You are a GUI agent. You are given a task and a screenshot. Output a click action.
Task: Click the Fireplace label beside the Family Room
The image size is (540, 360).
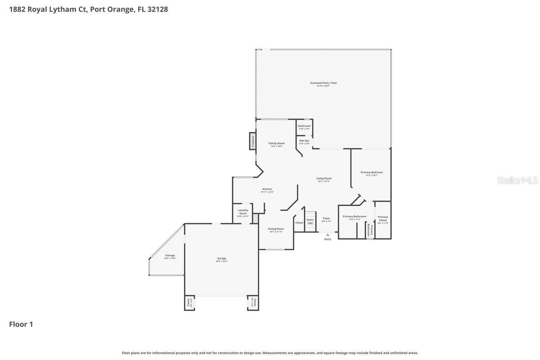pyautogui.click(x=253, y=141)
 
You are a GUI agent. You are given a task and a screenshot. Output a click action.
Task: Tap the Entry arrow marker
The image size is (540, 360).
pyautogui.click(x=328, y=234)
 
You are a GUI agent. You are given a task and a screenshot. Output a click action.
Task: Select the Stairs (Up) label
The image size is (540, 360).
pyautogui.click(x=310, y=221)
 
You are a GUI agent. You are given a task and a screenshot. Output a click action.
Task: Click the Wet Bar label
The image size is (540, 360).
pyautogui.click(x=305, y=141)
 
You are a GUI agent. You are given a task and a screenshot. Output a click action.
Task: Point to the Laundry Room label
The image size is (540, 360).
pyautogui.click(x=243, y=212)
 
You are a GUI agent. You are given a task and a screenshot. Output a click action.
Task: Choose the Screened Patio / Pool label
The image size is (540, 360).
pyautogui.click(x=323, y=83)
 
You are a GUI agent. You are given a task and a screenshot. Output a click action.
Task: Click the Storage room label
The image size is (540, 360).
pyautogui.click(x=170, y=256)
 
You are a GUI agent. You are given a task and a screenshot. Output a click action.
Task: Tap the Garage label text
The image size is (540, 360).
pyautogui.click(x=222, y=258)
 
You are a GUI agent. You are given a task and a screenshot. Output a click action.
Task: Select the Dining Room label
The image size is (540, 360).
pyautogui.click(x=276, y=229)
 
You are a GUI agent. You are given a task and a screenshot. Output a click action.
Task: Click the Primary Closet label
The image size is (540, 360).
pyautogui.click(x=382, y=219)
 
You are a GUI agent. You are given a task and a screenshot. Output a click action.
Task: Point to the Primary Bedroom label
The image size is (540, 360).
pyautogui.click(x=371, y=172)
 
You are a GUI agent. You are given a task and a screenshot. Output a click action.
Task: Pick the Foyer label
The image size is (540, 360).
pyautogui.click(x=326, y=218)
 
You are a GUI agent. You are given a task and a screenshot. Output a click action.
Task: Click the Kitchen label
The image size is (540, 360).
pyautogui.click(x=267, y=189)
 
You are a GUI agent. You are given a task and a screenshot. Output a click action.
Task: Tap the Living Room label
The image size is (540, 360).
pyautogui.click(x=324, y=178)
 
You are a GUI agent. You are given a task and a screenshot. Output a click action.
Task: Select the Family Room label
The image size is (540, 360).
pyautogui.click(x=276, y=143)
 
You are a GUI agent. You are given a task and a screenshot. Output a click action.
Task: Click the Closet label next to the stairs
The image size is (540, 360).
pyautogui.click(x=299, y=223)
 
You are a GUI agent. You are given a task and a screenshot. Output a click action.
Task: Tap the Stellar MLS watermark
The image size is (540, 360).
pyautogui.click(x=517, y=180)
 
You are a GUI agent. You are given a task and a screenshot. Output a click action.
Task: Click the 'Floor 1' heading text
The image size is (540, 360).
pyautogui.click(x=21, y=324)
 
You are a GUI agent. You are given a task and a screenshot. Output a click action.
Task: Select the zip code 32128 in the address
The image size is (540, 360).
pyautogui.click(x=157, y=9)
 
